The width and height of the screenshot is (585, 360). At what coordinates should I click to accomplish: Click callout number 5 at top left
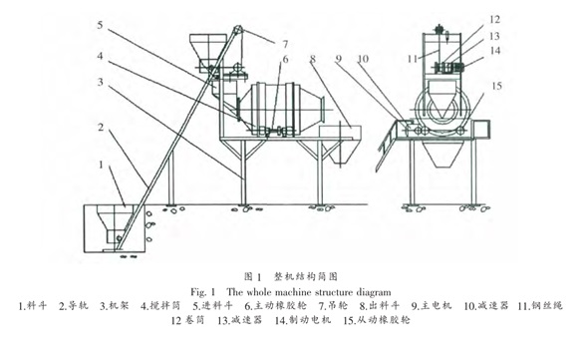click(x=100, y=25)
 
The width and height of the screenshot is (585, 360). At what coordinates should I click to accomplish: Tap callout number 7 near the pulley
click(x=285, y=45)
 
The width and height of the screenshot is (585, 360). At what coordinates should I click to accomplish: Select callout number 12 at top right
click(x=494, y=19)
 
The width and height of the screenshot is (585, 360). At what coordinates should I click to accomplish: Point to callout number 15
click(x=496, y=87)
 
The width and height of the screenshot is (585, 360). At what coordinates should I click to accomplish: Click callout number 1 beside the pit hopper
click(x=101, y=165)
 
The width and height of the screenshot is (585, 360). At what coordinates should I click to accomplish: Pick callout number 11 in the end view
click(x=413, y=59)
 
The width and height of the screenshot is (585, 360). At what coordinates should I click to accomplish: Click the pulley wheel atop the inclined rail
click(x=237, y=30)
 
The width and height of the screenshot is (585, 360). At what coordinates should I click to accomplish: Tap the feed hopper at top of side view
click(x=208, y=53)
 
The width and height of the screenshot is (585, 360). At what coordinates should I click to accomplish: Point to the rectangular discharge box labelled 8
click(x=340, y=132)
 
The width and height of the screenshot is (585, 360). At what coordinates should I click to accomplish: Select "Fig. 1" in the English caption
click(x=202, y=292)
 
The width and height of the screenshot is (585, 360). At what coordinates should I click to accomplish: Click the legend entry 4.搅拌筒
click(x=160, y=306)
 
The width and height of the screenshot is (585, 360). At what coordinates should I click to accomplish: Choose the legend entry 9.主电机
click(x=432, y=306)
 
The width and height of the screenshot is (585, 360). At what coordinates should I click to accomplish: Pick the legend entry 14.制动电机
click(x=303, y=320)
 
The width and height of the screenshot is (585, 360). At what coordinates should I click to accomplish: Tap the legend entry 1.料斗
click(x=33, y=306)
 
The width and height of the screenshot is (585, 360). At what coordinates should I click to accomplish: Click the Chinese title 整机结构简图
click(x=306, y=276)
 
